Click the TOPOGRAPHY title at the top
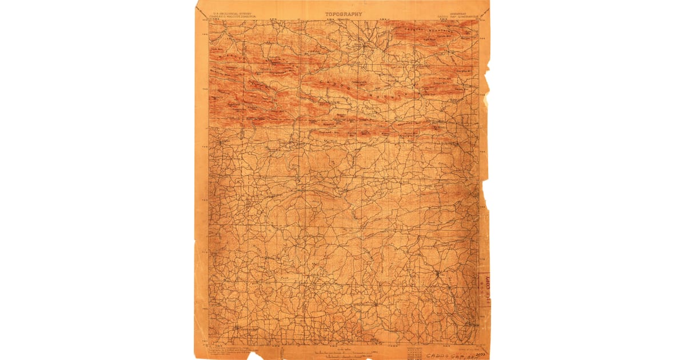tap(344, 14)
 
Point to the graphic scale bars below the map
tap(344, 351)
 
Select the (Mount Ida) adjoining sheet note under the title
tap(344, 20)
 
